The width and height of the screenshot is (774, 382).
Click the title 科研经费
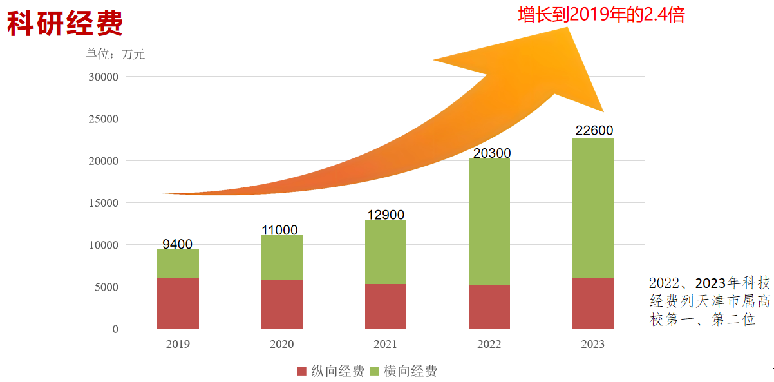pyautogui.click(x=65, y=24)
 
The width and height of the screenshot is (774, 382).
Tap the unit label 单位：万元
pyautogui.click(x=115, y=54)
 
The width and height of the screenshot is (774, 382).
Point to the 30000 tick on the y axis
pyautogui.click(x=103, y=77)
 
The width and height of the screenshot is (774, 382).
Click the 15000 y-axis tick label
pyautogui.click(x=103, y=203)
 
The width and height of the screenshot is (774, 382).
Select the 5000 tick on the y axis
pyautogui.click(x=106, y=287)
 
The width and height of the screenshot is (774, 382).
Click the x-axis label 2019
pyautogui.click(x=178, y=345)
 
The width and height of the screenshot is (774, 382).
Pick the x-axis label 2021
pyautogui.click(x=385, y=345)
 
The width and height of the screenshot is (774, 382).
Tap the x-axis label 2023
pyautogui.click(x=592, y=345)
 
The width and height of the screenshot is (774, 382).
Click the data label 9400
pyautogui.click(x=177, y=244)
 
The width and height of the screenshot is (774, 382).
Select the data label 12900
pyautogui.click(x=385, y=215)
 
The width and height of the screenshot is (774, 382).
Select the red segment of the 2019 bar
pyautogui.click(x=178, y=303)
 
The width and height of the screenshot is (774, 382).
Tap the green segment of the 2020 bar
pyautogui.click(x=281, y=257)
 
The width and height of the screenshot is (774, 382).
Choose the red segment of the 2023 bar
pyautogui.click(x=593, y=303)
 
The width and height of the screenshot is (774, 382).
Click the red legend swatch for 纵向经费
pyautogui.click(x=302, y=371)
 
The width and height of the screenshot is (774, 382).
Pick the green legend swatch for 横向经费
pyautogui.click(x=375, y=371)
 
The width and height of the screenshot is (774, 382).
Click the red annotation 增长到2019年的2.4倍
pyautogui.click(x=601, y=15)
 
